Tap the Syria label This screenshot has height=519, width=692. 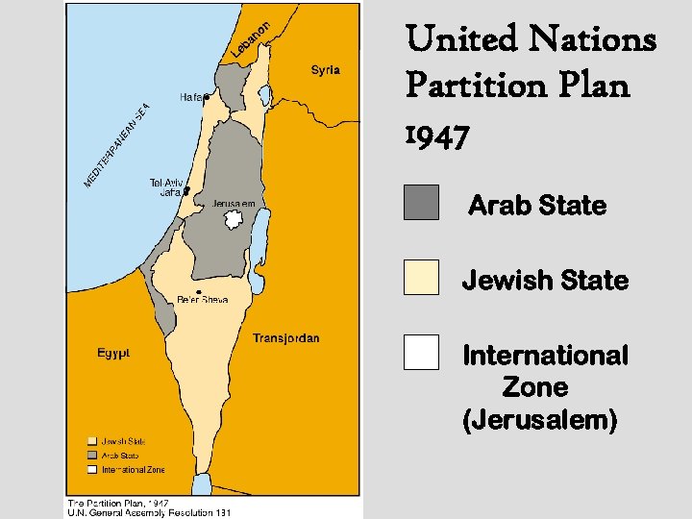325,70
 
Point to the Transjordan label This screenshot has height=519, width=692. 285,338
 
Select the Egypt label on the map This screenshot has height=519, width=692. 113,353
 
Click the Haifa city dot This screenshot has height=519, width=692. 207,97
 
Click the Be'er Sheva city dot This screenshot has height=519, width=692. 198,291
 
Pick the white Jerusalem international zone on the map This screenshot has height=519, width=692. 231,220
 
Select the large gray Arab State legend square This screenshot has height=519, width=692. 421,203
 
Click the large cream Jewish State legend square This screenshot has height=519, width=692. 421,277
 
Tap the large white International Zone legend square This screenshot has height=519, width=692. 421,352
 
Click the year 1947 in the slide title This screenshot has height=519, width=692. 438,137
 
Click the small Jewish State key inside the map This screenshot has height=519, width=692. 94,441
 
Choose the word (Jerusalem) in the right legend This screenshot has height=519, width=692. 539,421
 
